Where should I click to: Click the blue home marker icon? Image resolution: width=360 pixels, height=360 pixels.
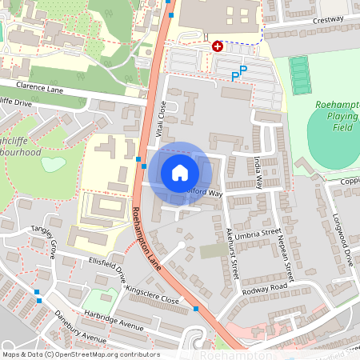180,173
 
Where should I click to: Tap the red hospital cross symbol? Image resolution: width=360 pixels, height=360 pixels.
217,46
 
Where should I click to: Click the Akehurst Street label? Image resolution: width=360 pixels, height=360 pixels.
233,249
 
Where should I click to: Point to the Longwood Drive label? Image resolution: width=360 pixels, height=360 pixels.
349,243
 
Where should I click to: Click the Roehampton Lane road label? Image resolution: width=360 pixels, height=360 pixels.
147,238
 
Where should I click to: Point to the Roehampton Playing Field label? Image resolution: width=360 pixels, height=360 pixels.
336,116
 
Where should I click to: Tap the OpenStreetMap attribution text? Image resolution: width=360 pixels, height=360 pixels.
80,354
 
